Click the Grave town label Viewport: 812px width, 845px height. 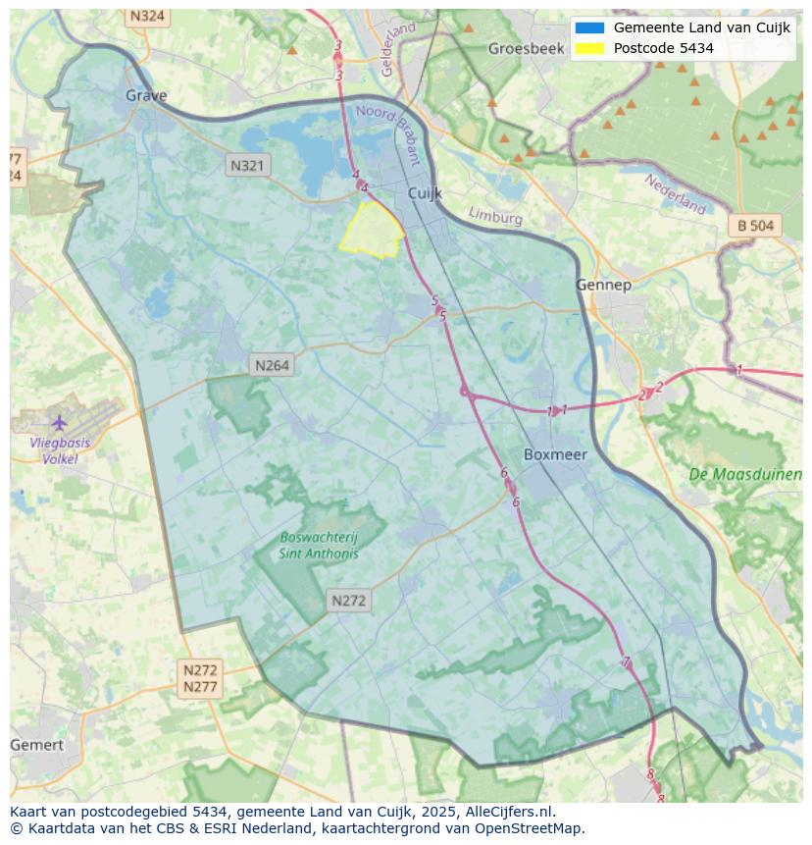pos(146,95)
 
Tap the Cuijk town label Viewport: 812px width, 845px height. pos(425,194)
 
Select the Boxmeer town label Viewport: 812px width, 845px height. pos(555,454)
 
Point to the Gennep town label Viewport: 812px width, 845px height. pos(603,285)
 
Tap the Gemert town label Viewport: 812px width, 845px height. pos(36,745)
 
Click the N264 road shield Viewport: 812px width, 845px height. pos(272,365)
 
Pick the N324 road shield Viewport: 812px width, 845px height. pos(147,17)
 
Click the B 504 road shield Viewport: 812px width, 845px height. pos(755,226)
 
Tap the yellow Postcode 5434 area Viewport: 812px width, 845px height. pos(371,231)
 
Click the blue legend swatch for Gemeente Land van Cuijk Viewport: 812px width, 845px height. pos(589,28)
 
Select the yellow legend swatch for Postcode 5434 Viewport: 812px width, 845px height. pos(589,48)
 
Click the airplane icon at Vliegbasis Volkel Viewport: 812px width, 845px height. pos(60,423)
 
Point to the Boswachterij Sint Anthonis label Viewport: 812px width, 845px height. pos(319,546)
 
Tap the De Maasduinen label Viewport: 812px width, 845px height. pos(745,474)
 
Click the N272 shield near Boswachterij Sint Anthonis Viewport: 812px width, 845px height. pos(348,601)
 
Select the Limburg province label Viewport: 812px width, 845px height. pos(495,215)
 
